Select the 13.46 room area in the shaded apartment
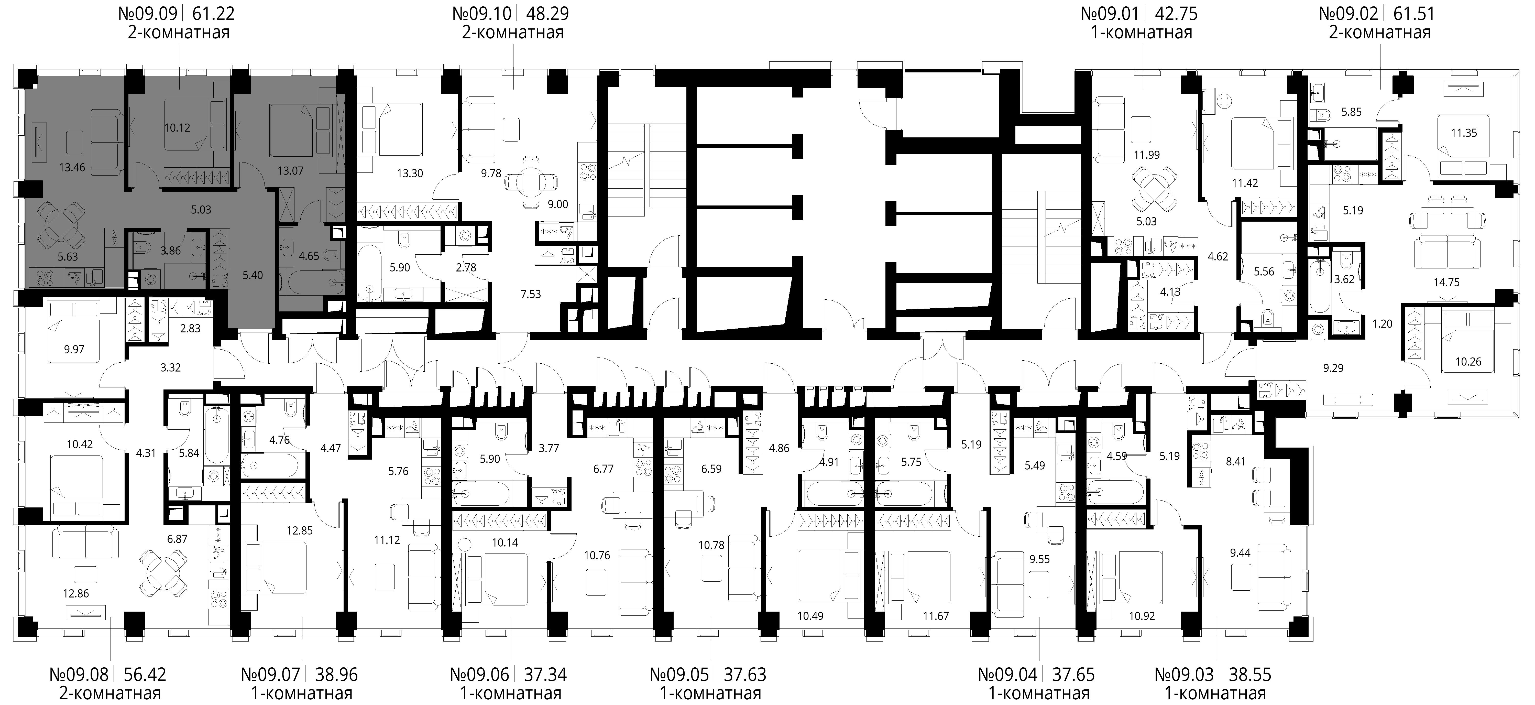coord(72,167)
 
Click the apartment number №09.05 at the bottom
coord(679,675)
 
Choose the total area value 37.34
coord(545,675)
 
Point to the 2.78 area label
coord(466,268)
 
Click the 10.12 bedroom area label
coord(177,127)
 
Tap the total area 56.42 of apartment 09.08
coord(145,675)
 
